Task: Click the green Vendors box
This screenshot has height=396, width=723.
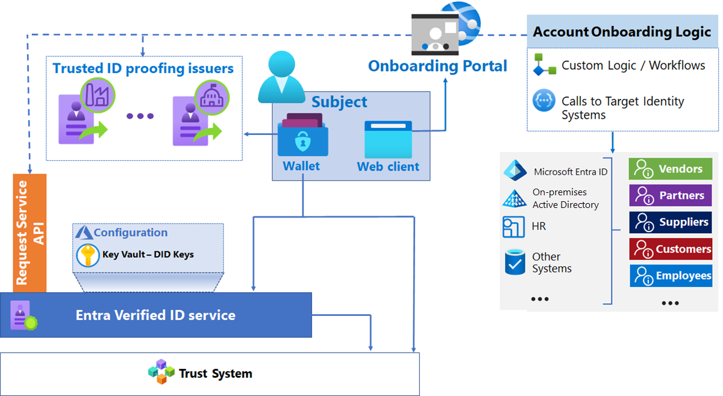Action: (x=670, y=169)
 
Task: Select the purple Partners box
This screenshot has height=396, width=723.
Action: (x=670, y=196)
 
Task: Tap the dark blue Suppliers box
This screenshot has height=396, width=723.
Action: (x=670, y=222)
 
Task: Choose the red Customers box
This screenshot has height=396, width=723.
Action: (x=670, y=249)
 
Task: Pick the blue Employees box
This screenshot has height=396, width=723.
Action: (x=670, y=275)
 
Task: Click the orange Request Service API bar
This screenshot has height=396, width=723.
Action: (x=30, y=233)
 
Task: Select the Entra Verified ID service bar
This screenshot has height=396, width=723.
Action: (x=155, y=315)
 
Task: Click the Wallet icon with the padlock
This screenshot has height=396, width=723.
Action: (x=302, y=137)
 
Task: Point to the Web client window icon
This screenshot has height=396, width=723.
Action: (x=388, y=139)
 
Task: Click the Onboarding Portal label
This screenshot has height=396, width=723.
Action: (x=437, y=66)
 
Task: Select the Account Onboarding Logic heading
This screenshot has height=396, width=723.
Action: (x=622, y=32)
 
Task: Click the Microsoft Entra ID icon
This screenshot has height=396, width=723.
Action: (x=515, y=171)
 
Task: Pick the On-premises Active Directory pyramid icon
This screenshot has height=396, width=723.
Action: (x=515, y=198)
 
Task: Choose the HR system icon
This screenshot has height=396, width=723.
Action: (x=514, y=227)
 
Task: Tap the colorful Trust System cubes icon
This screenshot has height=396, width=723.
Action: (x=161, y=372)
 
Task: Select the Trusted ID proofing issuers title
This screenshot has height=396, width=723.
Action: (x=143, y=68)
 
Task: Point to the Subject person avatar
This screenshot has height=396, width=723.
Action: (x=282, y=77)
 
